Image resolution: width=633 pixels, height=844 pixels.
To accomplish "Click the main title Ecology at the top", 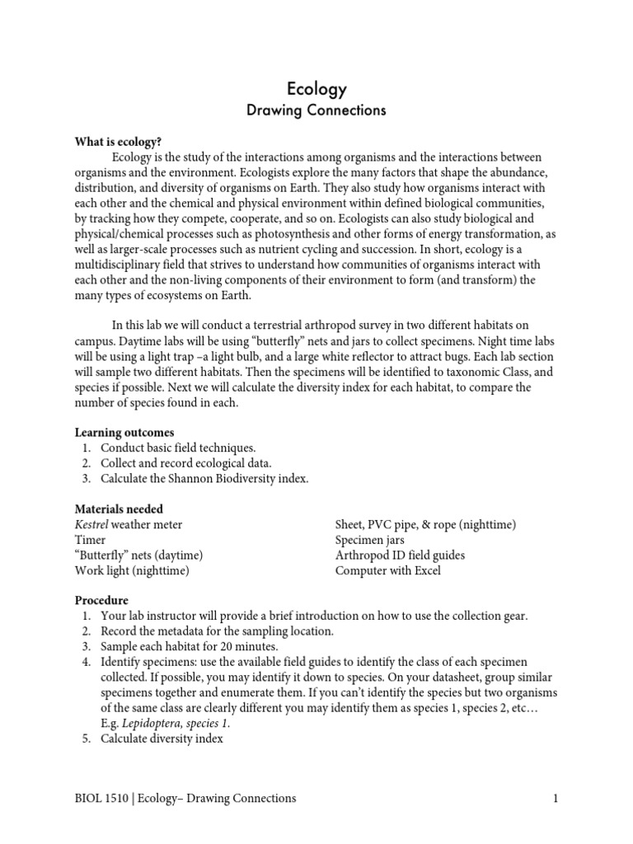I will (316, 89).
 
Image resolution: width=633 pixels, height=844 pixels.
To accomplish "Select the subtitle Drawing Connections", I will (316, 110).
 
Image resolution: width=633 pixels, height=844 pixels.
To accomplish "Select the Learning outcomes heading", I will (124, 432).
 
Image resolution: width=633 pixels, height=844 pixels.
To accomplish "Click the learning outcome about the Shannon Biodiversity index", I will (204, 479).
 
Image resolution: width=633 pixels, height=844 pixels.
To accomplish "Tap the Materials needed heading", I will (119, 509).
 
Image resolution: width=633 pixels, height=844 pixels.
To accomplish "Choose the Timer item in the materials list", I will (90, 540).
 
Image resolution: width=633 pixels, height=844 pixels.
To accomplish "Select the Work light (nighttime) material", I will (132, 570).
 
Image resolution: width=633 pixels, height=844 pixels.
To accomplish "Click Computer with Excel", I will (387, 570).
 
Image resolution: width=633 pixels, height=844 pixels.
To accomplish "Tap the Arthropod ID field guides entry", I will (400, 556).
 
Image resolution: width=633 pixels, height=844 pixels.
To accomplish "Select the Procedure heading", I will (101, 601).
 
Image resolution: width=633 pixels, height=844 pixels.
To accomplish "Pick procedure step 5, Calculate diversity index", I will (161, 739).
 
